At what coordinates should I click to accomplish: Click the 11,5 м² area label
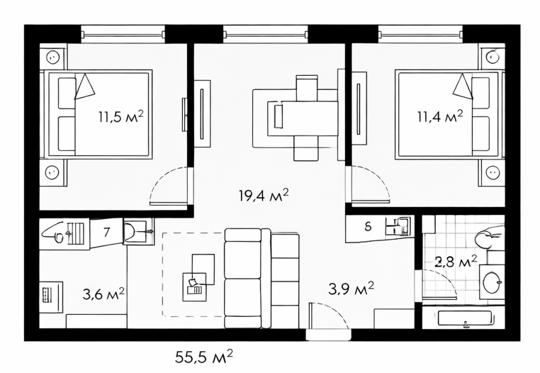tap(121, 116)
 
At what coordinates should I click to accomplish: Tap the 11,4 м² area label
tap(440, 116)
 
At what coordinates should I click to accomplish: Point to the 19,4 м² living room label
tap(264, 195)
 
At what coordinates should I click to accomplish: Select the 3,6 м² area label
tap(103, 294)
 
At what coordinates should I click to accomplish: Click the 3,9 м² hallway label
tap(351, 288)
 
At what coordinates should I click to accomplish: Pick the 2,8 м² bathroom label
tap(456, 261)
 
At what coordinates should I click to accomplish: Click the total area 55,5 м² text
tap(204, 357)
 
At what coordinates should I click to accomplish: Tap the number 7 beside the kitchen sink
tap(107, 232)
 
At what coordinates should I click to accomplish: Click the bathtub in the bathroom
tap(465, 318)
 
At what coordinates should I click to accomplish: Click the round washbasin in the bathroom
tap(491, 282)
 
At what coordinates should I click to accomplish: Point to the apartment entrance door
tap(328, 319)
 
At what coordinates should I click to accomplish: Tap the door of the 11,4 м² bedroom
tap(369, 184)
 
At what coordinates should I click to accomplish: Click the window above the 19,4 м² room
tap(266, 34)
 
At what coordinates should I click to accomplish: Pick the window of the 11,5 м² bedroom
tap(123, 34)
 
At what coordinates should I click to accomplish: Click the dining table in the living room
tap(303, 118)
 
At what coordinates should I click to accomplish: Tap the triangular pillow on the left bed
tap(84, 87)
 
